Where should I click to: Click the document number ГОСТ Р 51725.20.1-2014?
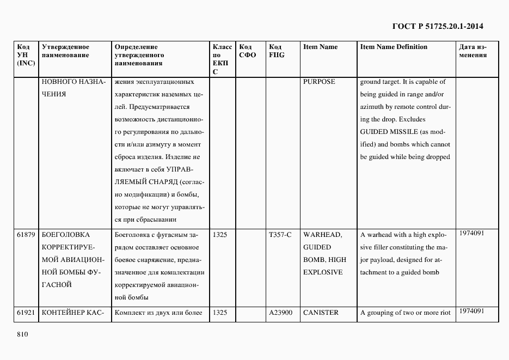click(438, 26)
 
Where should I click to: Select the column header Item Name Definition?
click(394, 47)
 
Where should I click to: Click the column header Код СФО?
click(247, 51)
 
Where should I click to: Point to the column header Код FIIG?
click(277, 51)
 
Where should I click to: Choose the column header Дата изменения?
click(473, 51)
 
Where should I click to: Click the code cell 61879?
click(26, 235)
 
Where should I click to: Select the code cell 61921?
click(26, 313)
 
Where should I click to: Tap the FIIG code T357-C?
click(280, 235)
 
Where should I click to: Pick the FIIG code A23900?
click(281, 313)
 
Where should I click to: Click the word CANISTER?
click(321, 313)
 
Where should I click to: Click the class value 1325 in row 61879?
click(220, 235)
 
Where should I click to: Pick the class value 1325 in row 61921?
click(220, 313)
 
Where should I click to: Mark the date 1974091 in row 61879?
click(471, 233)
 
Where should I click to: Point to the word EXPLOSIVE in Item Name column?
click(323, 272)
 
